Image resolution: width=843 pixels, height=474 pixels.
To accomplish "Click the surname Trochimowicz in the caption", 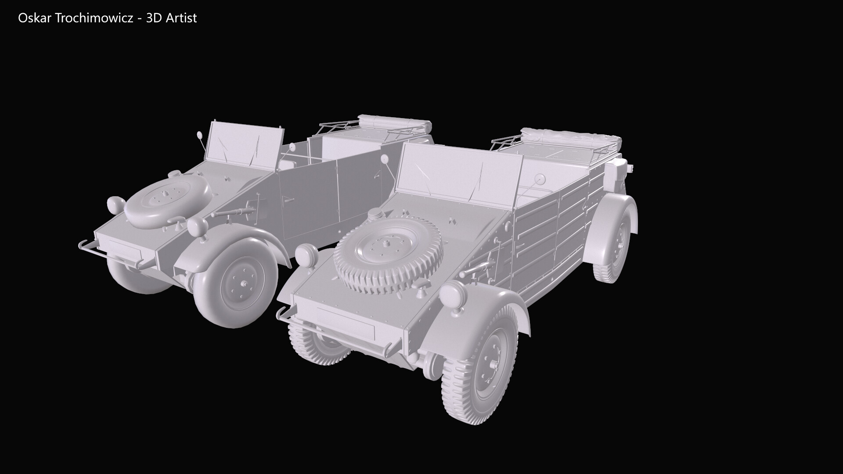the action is click(x=91, y=18).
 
